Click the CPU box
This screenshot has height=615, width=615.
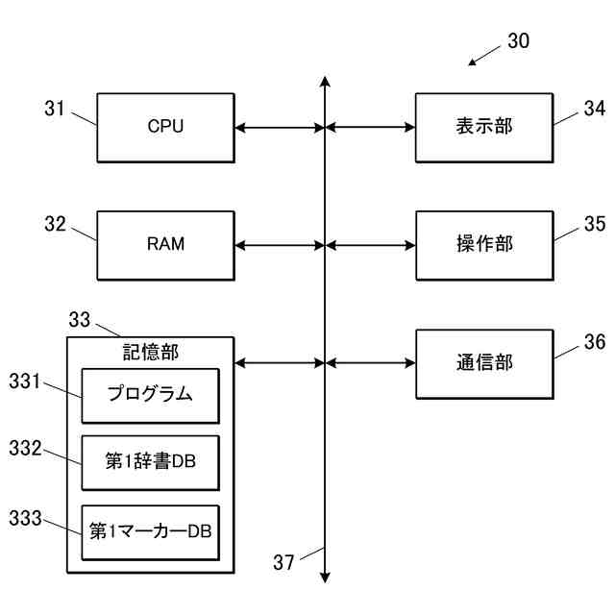[165, 128]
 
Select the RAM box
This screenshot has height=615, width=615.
[165, 246]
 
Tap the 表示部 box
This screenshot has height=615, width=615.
[484, 128]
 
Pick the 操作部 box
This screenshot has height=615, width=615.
[484, 246]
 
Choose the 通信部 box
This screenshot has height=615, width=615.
[484, 364]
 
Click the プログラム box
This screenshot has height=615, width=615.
[150, 396]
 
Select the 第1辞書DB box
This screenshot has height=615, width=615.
[150, 463]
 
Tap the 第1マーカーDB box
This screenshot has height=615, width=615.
[150, 532]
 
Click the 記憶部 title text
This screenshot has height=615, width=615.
[151, 352]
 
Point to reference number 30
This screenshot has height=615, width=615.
[518, 40]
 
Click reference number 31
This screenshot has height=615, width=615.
[54, 109]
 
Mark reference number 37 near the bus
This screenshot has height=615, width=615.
[283, 562]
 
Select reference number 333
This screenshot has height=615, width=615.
[25, 518]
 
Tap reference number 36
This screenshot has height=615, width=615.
[595, 342]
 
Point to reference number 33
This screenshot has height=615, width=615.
[79, 319]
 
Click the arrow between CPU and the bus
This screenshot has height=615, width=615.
[280, 128]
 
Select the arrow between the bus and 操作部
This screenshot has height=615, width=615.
[370, 246]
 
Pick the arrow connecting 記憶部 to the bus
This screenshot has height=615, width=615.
[280, 363]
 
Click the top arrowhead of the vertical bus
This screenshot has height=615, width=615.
[325, 81]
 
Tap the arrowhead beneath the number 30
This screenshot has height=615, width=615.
[472, 62]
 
